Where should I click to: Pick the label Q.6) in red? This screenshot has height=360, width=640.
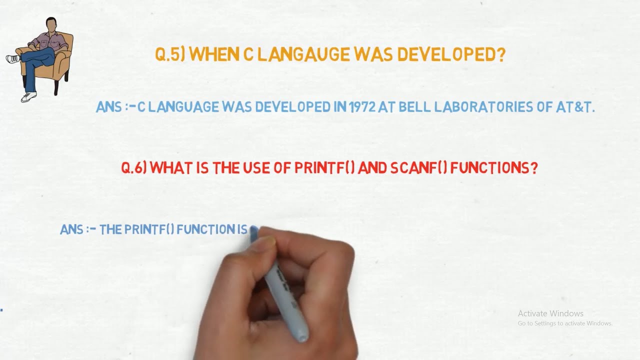point(134,168)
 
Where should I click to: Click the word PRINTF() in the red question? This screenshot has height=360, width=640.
point(324,168)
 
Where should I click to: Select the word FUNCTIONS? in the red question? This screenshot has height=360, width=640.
point(494,168)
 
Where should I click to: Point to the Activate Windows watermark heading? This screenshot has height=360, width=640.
point(550,313)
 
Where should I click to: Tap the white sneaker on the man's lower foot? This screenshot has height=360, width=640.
point(29,96)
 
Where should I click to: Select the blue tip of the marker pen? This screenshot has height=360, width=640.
point(253,230)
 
